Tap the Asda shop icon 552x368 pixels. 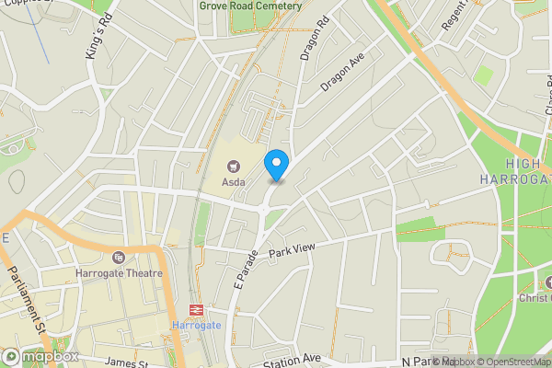pyautogui.click(x=233, y=167)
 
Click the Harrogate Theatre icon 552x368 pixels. pyautogui.click(x=118, y=258)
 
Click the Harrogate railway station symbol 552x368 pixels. pyautogui.click(x=196, y=310)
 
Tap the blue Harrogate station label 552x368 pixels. pyautogui.click(x=196, y=326)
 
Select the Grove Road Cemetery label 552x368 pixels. pyautogui.click(x=250, y=6)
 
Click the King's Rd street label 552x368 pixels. pyautogui.click(x=98, y=41)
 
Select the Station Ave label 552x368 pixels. pyautogui.click(x=291, y=360)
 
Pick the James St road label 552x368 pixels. pyautogui.click(x=127, y=362)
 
